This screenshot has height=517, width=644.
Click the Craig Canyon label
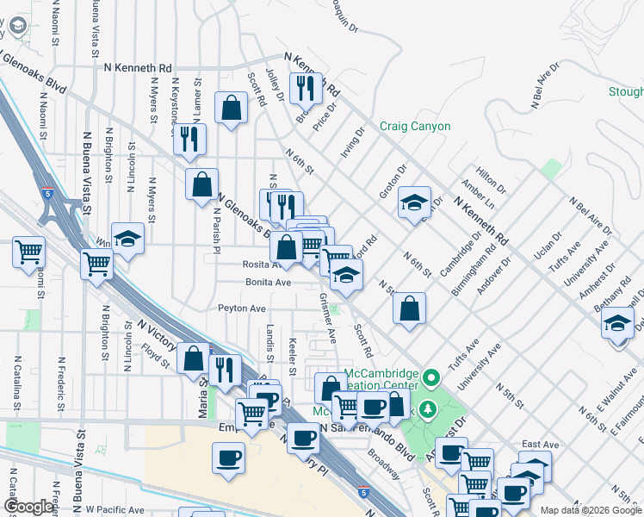click(x=415, y=127)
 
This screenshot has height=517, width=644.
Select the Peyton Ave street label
click(x=242, y=308)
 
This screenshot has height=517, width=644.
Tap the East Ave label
click(x=541, y=445)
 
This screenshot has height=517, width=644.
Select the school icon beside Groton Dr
click(x=414, y=202)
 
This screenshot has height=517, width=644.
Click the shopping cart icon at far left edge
click(x=28, y=252)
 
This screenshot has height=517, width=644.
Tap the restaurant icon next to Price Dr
click(x=305, y=87)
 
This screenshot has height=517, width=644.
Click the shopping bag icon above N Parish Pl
click(x=201, y=183)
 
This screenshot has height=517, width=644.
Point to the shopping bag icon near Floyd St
click(x=194, y=358)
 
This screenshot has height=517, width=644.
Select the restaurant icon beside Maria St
click(x=224, y=370)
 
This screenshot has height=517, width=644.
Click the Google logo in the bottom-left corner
click(x=28, y=507)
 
